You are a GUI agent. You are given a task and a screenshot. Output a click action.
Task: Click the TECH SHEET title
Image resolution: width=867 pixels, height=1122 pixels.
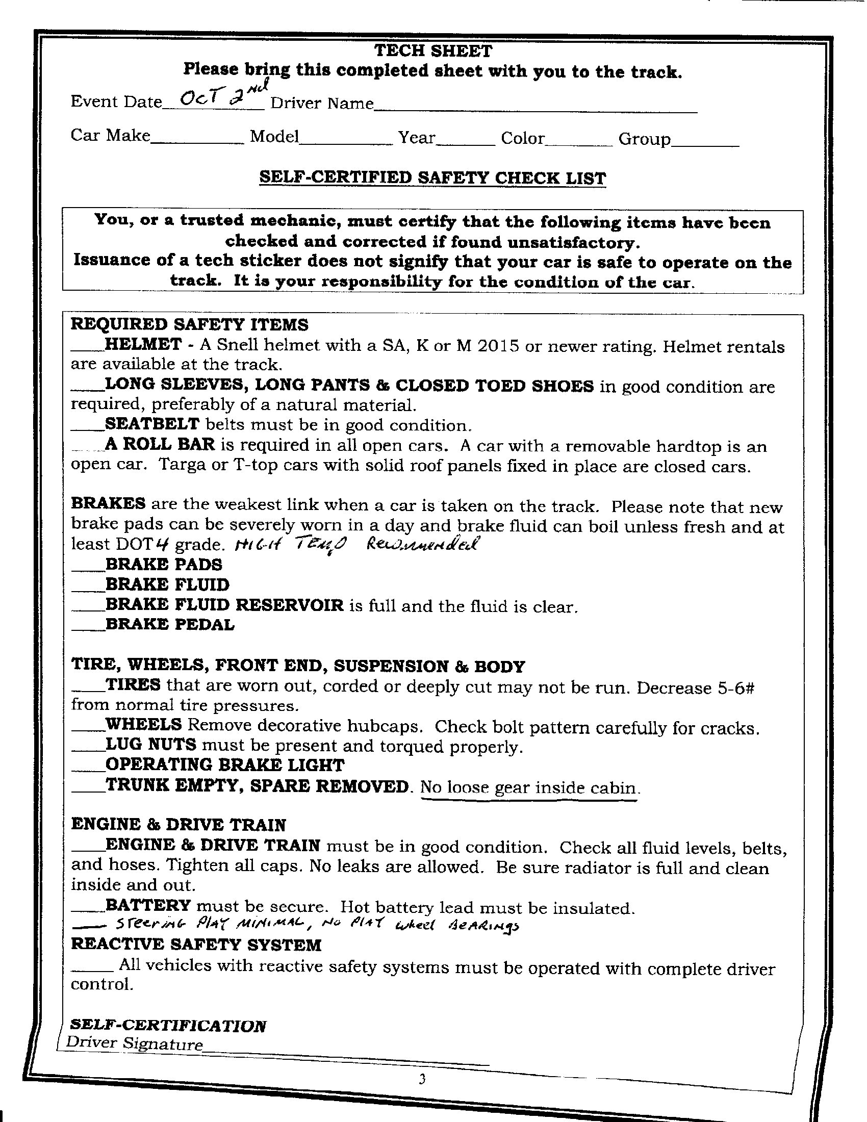(433, 50)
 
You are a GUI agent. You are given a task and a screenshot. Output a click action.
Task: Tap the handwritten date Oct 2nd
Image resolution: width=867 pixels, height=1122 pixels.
(215, 97)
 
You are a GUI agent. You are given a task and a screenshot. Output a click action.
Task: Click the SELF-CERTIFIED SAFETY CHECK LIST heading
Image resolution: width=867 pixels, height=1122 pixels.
(432, 178)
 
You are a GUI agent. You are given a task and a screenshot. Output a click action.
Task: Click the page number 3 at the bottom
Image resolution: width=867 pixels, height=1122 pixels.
(422, 1079)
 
